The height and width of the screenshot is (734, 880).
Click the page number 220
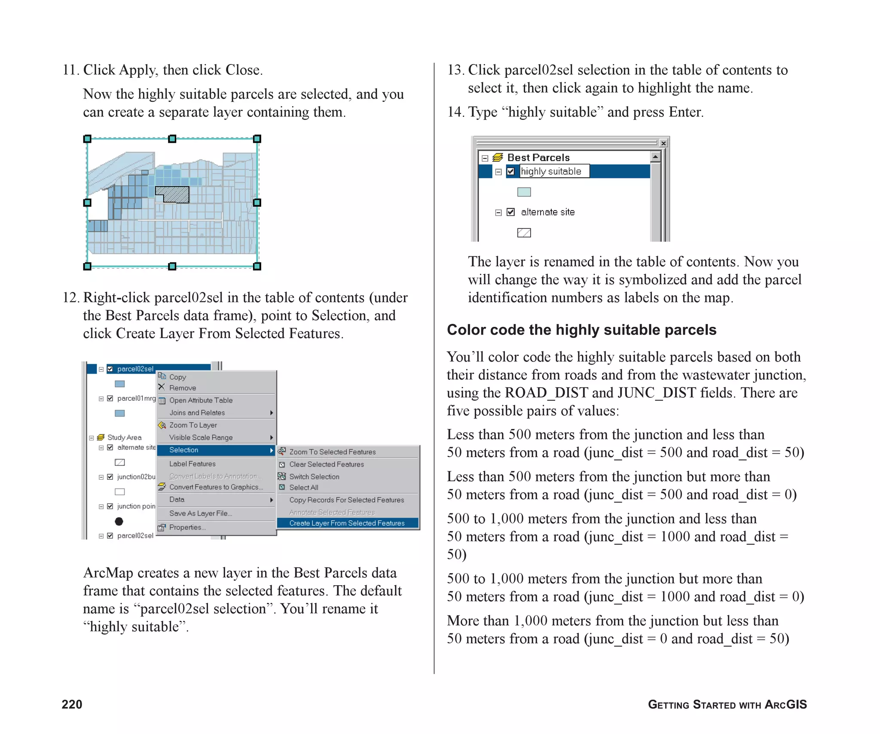pyautogui.click(x=72, y=704)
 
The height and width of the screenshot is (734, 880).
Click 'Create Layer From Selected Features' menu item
pyautogui.click(x=347, y=523)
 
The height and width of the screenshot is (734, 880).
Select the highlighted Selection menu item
pyautogui.click(x=184, y=450)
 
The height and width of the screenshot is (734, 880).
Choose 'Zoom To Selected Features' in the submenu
pyautogui.click(x=332, y=452)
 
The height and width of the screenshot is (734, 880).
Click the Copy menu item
pyautogui.click(x=177, y=377)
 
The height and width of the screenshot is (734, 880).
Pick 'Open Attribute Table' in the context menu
pyautogui.click(x=201, y=400)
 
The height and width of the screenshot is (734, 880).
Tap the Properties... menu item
pyautogui.click(x=187, y=527)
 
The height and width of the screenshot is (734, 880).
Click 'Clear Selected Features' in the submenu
pyautogui.click(x=326, y=464)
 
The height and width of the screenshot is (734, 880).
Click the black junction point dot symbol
pyautogui.click(x=119, y=521)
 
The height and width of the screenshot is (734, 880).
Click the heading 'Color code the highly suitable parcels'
pyautogui.click(x=581, y=330)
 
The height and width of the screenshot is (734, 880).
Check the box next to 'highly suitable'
pyautogui.click(x=510, y=172)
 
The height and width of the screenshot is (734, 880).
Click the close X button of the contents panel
pyautogui.click(x=663, y=143)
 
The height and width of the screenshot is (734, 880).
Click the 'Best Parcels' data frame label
pyautogui.click(x=538, y=158)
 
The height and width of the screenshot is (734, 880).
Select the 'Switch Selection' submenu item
pyautogui.click(x=314, y=477)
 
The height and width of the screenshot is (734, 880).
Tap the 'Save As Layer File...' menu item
pyautogui.click(x=200, y=513)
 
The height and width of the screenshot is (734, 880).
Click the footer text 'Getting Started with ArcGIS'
pyautogui.click(x=727, y=704)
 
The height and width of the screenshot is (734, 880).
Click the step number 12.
pyautogui.click(x=70, y=298)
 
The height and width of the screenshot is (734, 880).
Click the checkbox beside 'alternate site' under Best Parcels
pyautogui.click(x=510, y=212)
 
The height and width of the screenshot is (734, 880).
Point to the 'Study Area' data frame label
pyautogui.click(x=124, y=437)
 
